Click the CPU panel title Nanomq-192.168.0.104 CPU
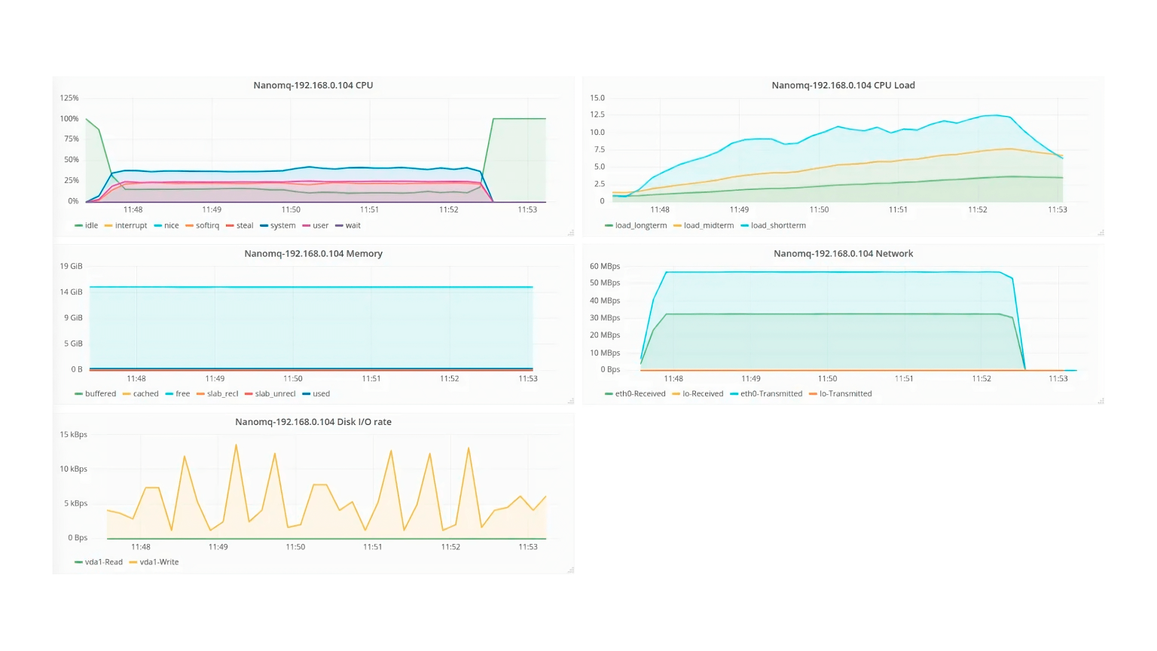tap(313, 85)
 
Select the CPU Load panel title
tap(843, 85)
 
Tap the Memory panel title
tap(313, 254)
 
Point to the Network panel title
tap(843, 254)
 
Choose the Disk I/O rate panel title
tap(313, 422)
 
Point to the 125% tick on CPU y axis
tap(69, 98)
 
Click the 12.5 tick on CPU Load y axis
tap(597, 115)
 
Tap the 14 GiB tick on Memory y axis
tap(71, 292)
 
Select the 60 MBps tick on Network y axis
tap(605, 267)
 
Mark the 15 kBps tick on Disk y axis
tap(73, 435)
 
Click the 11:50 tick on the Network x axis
tap(827, 379)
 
